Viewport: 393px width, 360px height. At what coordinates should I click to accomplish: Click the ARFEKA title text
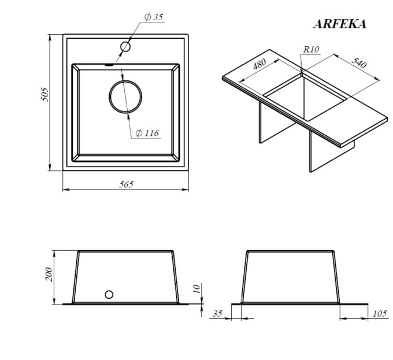tap(340, 24)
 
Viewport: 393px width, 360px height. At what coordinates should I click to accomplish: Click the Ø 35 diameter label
tap(154, 17)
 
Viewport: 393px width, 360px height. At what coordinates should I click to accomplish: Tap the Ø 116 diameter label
tap(147, 133)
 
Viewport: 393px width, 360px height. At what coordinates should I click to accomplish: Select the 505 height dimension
tap(45, 94)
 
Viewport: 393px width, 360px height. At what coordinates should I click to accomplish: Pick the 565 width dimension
tap(126, 184)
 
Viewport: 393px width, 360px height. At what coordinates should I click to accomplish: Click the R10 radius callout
tap(312, 49)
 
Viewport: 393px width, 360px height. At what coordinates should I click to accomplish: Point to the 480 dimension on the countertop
tap(259, 64)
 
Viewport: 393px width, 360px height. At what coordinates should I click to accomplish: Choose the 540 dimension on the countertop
tap(359, 63)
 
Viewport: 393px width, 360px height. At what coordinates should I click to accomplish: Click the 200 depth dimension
tap(49, 274)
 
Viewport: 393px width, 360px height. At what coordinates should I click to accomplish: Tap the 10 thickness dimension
tap(197, 289)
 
